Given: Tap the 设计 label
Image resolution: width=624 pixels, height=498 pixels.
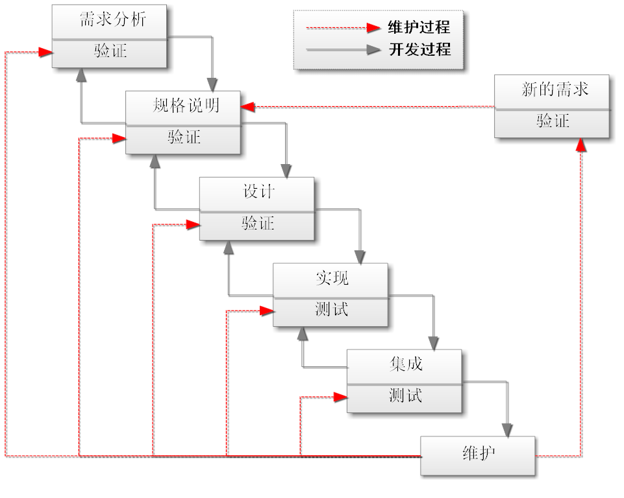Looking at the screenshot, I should pyautogui.click(x=258, y=192).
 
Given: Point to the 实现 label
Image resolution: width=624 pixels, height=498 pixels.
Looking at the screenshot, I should pyautogui.click(x=332, y=278).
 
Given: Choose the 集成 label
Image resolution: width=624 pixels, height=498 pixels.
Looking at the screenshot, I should pyautogui.click(x=406, y=364).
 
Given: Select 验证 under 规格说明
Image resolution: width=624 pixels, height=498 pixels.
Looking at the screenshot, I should pyautogui.click(x=184, y=137).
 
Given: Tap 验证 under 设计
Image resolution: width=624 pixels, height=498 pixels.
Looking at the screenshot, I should pyautogui.click(x=258, y=224).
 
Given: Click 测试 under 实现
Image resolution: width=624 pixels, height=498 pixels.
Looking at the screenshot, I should pyautogui.click(x=332, y=310).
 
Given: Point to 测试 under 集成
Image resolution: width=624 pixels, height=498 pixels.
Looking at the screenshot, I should pyautogui.click(x=405, y=396).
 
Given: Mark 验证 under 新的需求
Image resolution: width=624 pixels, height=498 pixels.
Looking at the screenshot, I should pyautogui.click(x=553, y=121).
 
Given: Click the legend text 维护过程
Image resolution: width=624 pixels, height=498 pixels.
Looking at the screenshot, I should pyautogui.click(x=419, y=28).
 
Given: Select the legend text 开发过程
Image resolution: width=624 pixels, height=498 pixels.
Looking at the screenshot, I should pyautogui.click(x=419, y=50).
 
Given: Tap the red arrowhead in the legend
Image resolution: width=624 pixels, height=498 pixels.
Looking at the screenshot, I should pyautogui.click(x=373, y=28).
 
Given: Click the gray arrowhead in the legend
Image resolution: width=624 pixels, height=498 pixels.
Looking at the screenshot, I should pyautogui.click(x=373, y=50).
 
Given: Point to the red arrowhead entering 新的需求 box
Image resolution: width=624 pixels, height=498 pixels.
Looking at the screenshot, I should pyautogui.click(x=580, y=145).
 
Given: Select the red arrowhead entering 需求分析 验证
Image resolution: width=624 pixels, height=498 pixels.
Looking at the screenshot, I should pyautogui.click(x=45, y=52).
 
